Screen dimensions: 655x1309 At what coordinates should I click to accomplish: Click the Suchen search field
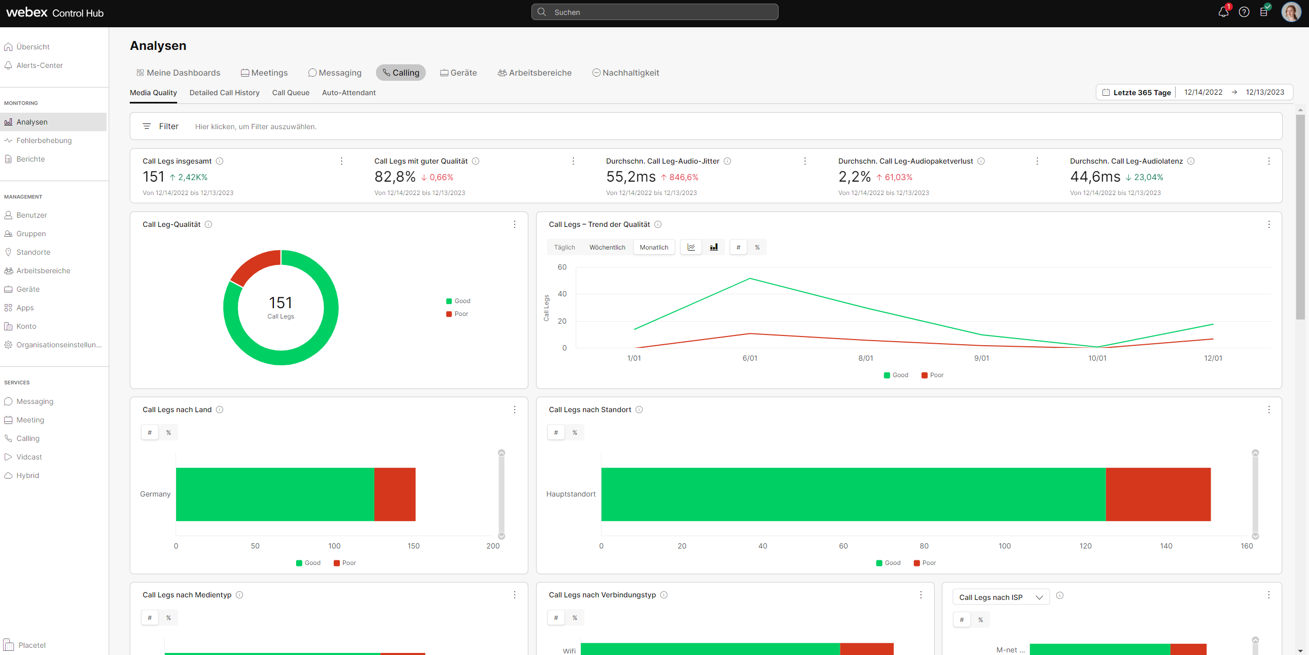[x=654, y=12]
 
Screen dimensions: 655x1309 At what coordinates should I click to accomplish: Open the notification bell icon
[x=1223, y=12]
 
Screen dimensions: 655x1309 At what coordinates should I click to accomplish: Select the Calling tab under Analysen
[x=401, y=73]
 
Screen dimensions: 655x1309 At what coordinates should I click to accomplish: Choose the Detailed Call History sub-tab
[x=225, y=93]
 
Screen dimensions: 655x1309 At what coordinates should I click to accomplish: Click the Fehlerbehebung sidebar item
[x=44, y=140]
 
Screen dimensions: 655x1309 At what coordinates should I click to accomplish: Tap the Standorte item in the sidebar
[x=33, y=252]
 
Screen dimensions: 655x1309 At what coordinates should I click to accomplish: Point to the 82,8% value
[x=394, y=177]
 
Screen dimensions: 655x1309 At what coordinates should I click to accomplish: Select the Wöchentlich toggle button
[x=607, y=247]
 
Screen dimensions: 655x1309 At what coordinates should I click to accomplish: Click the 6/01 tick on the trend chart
[x=750, y=358]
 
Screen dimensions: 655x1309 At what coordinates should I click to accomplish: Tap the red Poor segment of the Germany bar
[x=394, y=494]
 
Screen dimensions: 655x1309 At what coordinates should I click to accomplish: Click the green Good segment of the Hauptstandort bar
[x=853, y=494]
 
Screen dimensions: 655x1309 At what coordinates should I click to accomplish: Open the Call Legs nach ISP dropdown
[x=1001, y=597]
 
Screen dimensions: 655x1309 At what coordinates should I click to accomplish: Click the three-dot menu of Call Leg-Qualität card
[x=514, y=224]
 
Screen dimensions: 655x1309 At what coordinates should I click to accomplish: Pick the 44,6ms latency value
[x=1095, y=177]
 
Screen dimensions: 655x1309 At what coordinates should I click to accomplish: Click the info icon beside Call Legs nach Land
[x=220, y=410]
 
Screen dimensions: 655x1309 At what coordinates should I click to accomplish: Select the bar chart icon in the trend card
[x=714, y=247]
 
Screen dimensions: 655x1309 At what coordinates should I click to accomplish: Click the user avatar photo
[x=1290, y=12]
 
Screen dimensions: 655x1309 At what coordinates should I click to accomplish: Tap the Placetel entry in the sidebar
[x=31, y=645]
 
